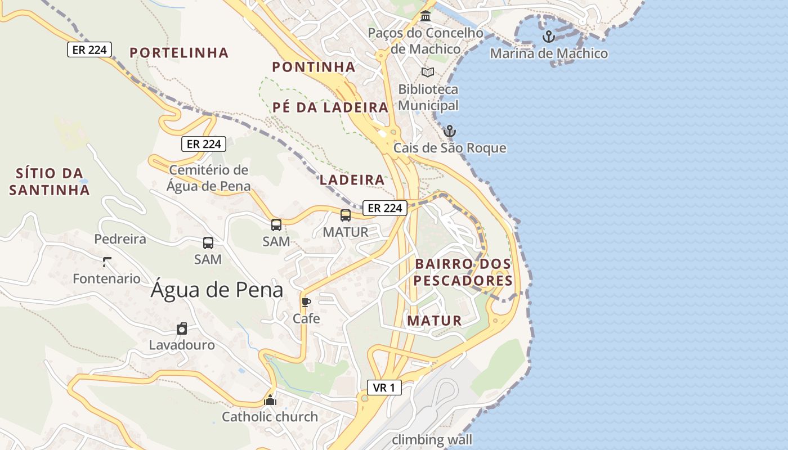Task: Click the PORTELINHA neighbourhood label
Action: click(x=179, y=53)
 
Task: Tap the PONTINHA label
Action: click(x=314, y=67)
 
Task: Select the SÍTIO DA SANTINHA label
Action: click(x=50, y=181)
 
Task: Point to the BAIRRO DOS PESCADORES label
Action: click(x=463, y=272)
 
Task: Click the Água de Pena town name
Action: click(x=217, y=290)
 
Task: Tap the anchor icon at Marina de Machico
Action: click(x=548, y=37)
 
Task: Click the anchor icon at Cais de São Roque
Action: click(x=449, y=132)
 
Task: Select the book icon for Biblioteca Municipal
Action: click(x=428, y=72)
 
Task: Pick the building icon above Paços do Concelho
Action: click(x=426, y=16)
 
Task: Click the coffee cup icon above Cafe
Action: click(x=306, y=302)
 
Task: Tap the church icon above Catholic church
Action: click(x=270, y=400)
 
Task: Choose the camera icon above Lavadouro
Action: click(x=181, y=328)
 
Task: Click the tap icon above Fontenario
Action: click(x=106, y=262)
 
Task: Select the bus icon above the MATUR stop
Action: click(x=346, y=215)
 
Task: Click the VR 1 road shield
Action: click(x=384, y=387)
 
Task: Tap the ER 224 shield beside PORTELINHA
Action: click(x=89, y=49)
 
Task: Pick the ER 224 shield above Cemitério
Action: click(x=204, y=144)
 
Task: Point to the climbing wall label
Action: click(x=432, y=439)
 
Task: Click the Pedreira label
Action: click(x=120, y=239)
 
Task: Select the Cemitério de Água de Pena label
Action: click(x=208, y=178)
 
